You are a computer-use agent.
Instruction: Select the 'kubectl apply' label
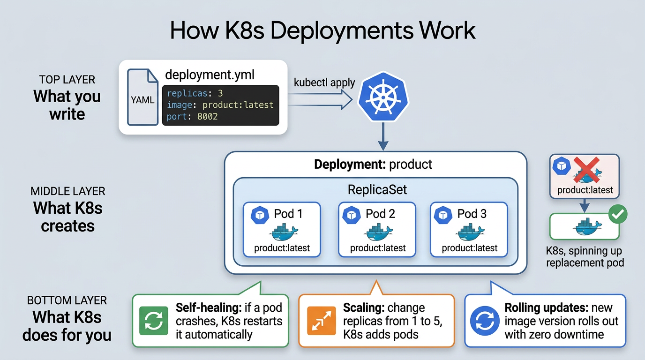coord(324,82)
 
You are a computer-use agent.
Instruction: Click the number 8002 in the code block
coord(207,116)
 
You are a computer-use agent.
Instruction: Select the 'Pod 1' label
coord(288,214)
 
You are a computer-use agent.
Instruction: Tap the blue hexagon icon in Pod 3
coord(442,215)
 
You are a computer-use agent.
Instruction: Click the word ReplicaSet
coord(377,189)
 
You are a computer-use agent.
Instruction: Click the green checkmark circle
coord(617,215)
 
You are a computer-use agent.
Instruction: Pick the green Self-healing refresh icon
coord(154,321)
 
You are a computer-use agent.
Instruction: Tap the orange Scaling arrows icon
coord(321,321)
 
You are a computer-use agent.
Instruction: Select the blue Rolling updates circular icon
coord(485,321)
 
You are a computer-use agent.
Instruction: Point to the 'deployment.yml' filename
coord(210,75)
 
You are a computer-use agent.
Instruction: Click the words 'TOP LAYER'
coord(67,79)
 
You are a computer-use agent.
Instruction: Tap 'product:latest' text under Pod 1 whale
coord(282,248)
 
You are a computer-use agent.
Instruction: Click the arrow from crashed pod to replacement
coord(585,205)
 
